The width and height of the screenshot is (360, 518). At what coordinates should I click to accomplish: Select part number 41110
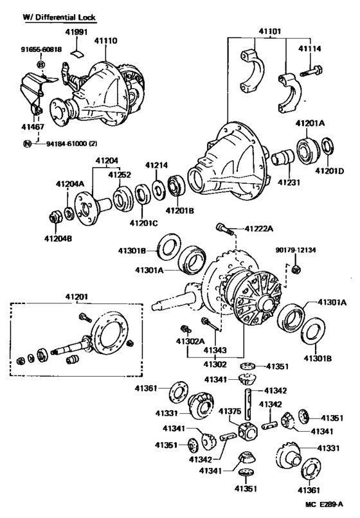(x=106, y=41)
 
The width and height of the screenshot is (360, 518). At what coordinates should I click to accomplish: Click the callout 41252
(x=120, y=174)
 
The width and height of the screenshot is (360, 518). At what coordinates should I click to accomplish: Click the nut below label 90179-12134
(x=295, y=267)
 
